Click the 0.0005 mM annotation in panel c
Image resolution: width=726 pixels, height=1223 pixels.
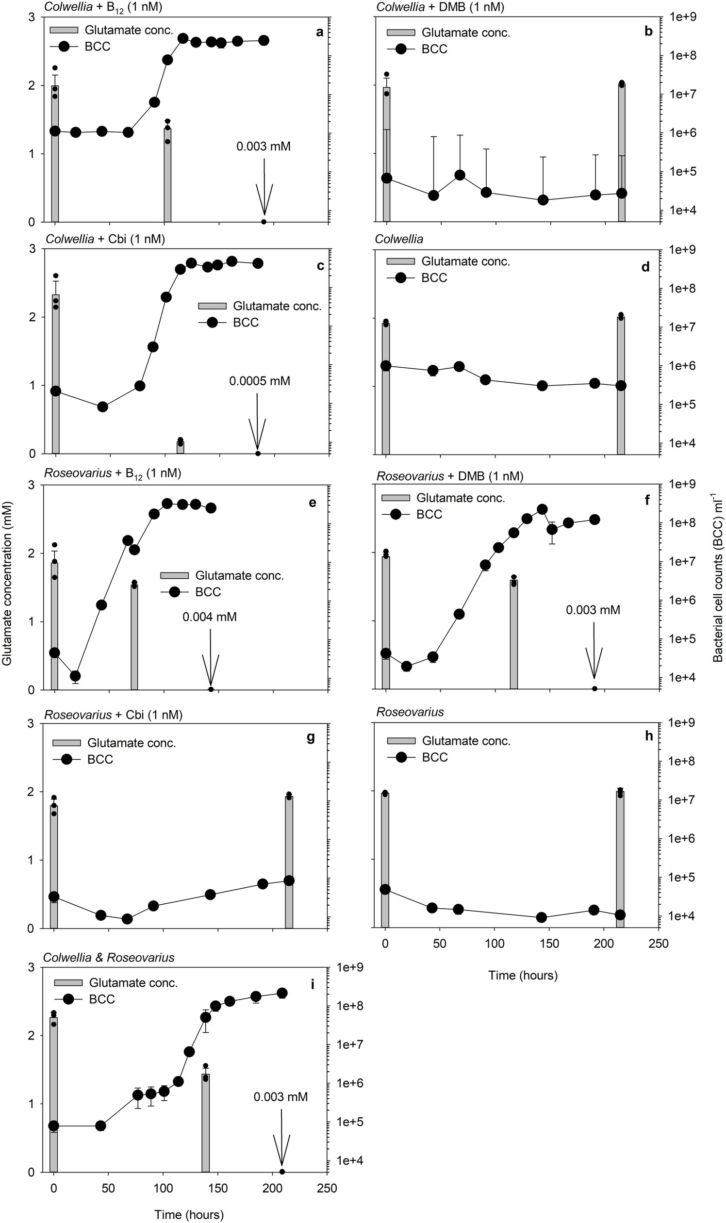(259, 381)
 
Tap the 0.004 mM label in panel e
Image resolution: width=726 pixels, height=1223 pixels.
(209, 617)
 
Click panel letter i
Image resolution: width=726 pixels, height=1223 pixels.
(312, 984)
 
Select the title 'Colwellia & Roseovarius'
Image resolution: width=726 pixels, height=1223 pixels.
(109, 957)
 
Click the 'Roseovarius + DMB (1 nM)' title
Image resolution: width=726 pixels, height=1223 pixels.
(449, 476)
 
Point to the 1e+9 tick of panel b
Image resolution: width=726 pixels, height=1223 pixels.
(686, 17)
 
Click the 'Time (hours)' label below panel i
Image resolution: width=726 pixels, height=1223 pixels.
(189, 1210)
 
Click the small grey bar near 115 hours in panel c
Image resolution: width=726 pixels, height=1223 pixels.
(180, 447)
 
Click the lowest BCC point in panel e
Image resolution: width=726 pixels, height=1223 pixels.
(75, 676)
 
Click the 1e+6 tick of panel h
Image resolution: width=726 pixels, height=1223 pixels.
(686, 839)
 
